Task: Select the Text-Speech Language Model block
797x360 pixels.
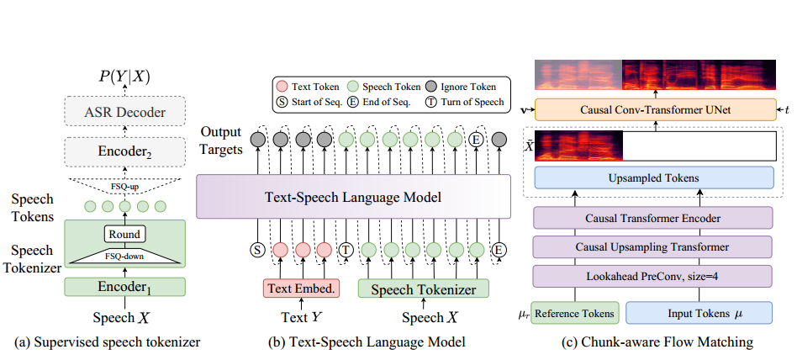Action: coord(353,199)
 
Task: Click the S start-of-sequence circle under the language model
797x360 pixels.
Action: coord(257,250)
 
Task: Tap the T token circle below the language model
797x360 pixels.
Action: coord(345,250)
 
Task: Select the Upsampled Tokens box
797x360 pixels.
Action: coord(654,178)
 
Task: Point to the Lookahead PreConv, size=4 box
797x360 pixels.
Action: coord(653,275)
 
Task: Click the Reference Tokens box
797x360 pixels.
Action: coord(574,313)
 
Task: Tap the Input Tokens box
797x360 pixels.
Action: coord(699,313)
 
